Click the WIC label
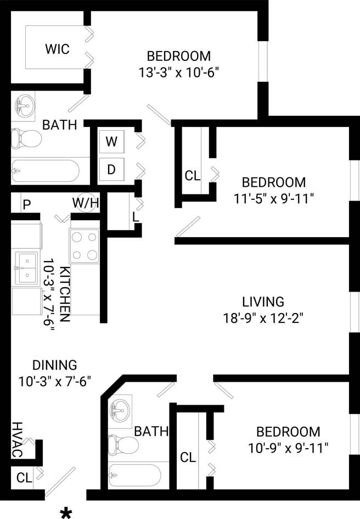point(57,49)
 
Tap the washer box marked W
point(111,142)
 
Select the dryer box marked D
point(111,169)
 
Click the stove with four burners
point(84,245)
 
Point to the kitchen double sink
point(26,268)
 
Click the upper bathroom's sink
point(24,104)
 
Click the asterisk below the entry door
point(66,513)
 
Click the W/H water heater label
point(85,203)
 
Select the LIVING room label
point(263,302)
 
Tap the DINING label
point(54,365)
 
